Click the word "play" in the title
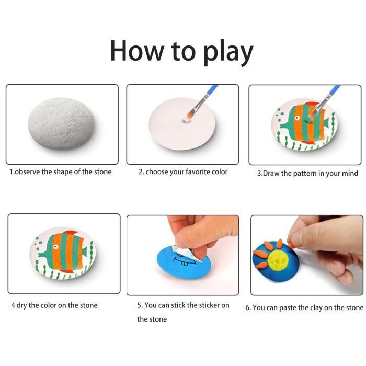pyautogui.click(x=228, y=52)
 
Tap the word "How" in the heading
pyautogui.click(x=137, y=51)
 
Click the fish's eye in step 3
pyautogui.click(x=297, y=118)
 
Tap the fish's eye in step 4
pyautogui.click(x=55, y=247)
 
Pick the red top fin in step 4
pyautogui.click(x=70, y=233)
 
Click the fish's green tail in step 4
pyautogui.click(x=85, y=251)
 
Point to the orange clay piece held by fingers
pyautogui.click(x=290, y=245)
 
